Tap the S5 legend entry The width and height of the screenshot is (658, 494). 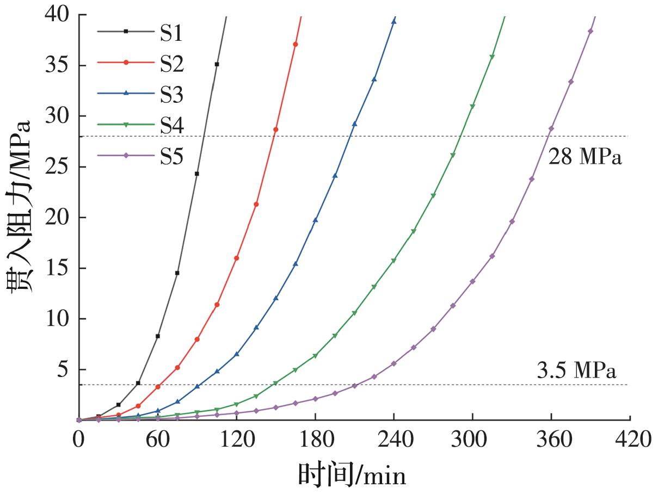point(171,156)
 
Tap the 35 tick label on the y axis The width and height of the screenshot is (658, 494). point(58,66)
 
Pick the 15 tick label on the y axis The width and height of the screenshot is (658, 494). point(58,268)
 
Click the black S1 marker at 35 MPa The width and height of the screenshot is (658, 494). point(217,64)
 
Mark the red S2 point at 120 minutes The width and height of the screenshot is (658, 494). point(236,258)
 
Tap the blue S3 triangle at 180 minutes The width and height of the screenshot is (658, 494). point(315,220)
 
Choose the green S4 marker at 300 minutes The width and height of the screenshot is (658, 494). point(472,107)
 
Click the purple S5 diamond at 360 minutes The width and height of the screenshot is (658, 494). point(551,128)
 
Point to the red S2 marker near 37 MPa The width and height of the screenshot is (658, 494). point(296,44)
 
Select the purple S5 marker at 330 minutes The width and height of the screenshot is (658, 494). point(512,221)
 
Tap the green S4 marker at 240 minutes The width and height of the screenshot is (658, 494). point(393,261)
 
